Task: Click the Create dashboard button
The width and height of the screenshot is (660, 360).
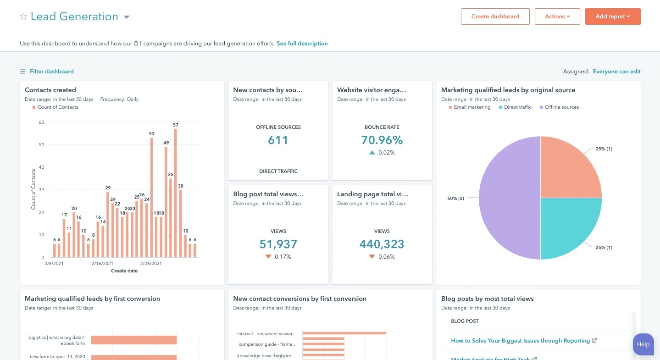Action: pyautogui.click(x=495, y=17)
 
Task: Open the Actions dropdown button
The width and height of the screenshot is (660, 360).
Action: pyautogui.click(x=557, y=17)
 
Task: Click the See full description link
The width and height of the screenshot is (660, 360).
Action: pyautogui.click(x=302, y=44)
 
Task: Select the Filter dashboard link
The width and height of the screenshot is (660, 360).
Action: pyautogui.click(x=51, y=72)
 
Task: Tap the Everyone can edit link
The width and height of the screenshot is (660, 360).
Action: pyautogui.click(x=616, y=72)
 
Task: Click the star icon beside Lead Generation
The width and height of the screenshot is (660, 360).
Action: pyautogui.click(x=23, y=17)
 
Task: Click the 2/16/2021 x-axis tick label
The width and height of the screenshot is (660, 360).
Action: pyautogui.click(x=102, y=264)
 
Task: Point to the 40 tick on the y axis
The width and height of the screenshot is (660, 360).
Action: pyautogui.click(x=41, y=167)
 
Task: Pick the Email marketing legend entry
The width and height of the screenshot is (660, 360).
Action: pyautogui.click(x=471, y=107)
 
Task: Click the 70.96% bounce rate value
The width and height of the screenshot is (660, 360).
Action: pyautogui.click(x=382, y=140)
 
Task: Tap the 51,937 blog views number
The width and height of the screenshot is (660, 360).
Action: pyautogui.click(x=278, y=244)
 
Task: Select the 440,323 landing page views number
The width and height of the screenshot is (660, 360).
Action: pyautogui.click(x=382, y=244)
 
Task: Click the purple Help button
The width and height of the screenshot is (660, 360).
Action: pyautogui.click(x=643, y=344)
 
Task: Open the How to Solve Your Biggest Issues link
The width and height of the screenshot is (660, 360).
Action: pyautogui.click(x=520, y=341)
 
